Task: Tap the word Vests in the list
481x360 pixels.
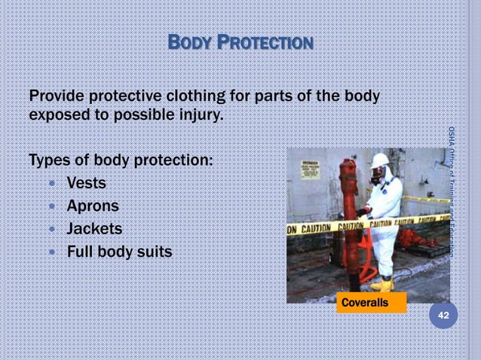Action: click(x=87, y=182)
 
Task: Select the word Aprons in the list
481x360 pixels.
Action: click(x=93, y=205)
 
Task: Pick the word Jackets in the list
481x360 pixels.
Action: click(x=95, y=227)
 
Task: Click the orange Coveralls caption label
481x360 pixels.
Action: click(x=365, y=303)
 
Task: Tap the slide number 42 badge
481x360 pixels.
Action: click(x=443, y=317)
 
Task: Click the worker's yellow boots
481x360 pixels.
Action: click(x=384, y=284)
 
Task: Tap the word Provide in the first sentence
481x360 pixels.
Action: click(x=57, y=98)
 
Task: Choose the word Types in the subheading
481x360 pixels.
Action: click(x=49, y=160)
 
